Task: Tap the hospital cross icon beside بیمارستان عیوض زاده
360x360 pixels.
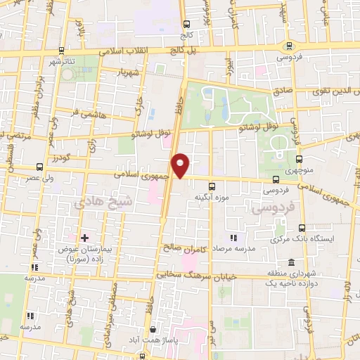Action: (x=85, y=237)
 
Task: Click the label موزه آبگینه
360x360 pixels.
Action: (x=212, y=198)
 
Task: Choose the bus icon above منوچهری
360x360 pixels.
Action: (x=300, y=160)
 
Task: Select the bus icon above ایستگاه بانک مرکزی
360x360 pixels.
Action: (x=302, y=229)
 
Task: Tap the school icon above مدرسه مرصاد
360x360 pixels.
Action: (x=235, y=238)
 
